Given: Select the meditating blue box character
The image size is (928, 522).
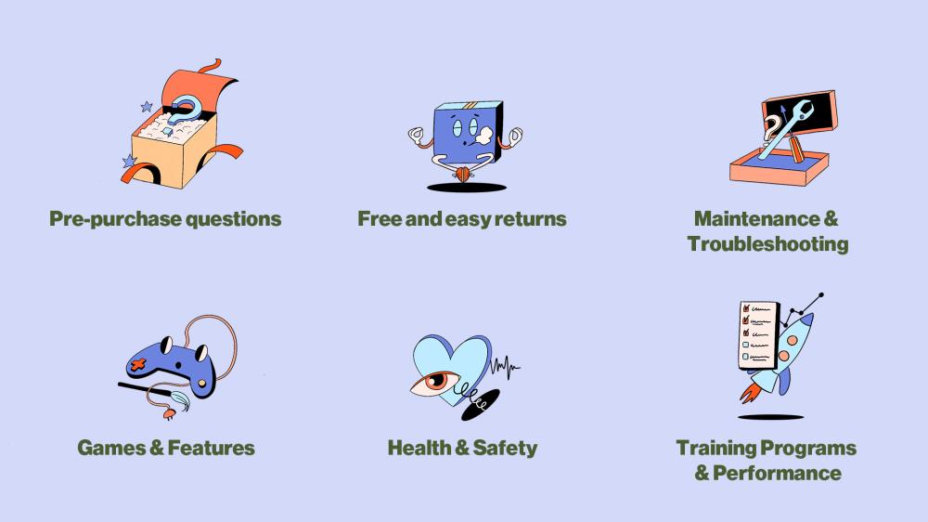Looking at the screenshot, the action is click(x=465, y=141).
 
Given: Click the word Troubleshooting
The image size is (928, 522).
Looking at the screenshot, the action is click(x=767, y=244).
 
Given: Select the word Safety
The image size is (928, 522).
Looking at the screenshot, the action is click(x=505, y=449).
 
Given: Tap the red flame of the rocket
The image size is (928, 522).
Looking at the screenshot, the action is click(x=751, y=392).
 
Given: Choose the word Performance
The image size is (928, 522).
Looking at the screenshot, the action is click(x=777, y=474).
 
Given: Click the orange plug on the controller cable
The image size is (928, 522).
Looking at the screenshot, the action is click(x=169, y=413).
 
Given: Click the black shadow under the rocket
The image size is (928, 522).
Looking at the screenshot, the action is click(x=770, y=417).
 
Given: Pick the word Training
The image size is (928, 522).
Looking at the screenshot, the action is click(x=715, y=449).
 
